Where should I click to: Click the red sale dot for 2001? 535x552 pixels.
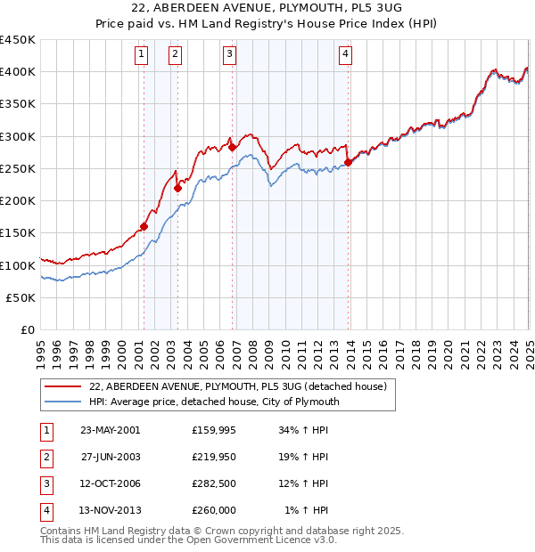(144, 226)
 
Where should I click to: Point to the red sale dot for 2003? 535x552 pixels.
(177, 188)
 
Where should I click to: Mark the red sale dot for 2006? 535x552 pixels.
(232, 147)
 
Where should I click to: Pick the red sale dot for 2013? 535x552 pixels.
(348, 162)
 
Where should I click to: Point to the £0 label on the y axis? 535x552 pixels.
(29, 330)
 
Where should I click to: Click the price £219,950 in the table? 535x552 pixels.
(214, 458)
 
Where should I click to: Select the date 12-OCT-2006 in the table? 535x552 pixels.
(111, 483)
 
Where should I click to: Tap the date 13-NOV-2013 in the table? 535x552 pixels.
(111, 510)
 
